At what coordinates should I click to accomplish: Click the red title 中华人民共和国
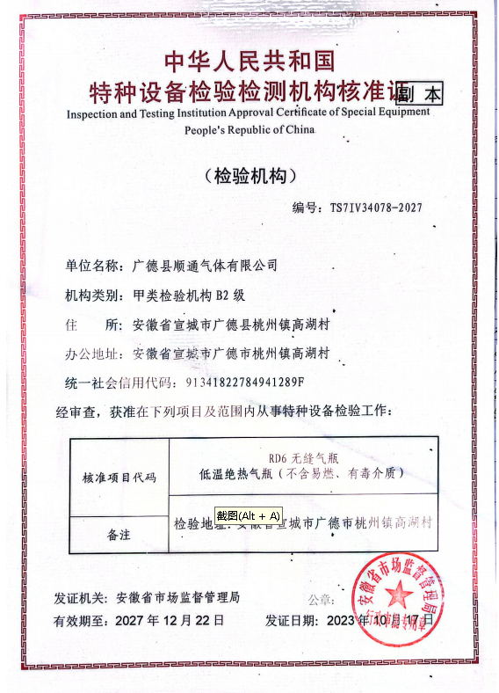click(x=249, y=62)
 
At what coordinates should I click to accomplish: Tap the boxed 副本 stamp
click(x=419, y=93)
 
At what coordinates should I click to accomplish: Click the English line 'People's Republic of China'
click(x=249, y=130)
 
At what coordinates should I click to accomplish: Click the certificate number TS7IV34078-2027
click(x=375, y=208)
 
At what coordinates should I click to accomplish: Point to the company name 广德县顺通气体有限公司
click(x=204, y=265)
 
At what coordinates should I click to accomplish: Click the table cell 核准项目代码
click(x=119, y=478)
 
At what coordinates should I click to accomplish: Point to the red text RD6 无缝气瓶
click(x=303, y=457)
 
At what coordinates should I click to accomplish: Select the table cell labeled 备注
click(x=119, y=534)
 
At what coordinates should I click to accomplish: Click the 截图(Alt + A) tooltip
click(x=249, y=515)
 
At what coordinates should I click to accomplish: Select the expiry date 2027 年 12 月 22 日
click(x=170, y=620)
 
